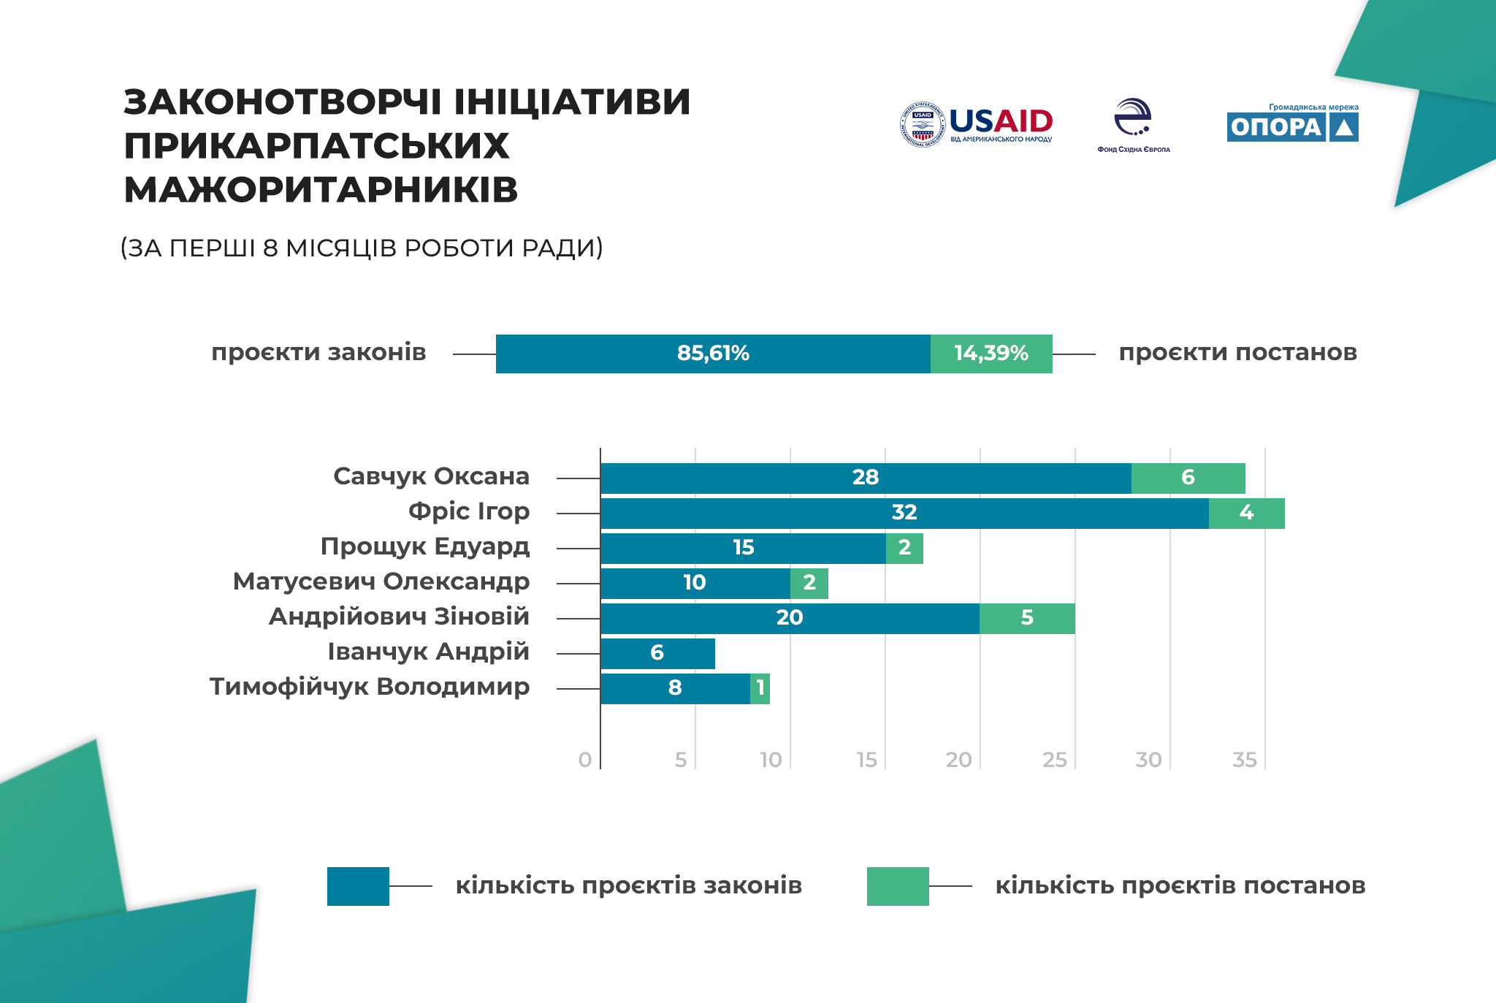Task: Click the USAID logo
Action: (x=977, y=124)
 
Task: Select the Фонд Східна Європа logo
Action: (x=1133, y=125)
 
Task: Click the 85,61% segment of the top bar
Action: (x=713, y=354)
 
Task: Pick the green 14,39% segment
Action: (x=991, y=354)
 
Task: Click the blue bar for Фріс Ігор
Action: (x=904, y=513)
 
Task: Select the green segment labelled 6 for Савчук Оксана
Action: (x=1188, y=478)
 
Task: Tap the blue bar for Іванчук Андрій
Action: (x=657, y=653)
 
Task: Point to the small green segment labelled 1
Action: (x=760, y=688)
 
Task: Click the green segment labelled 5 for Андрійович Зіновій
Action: (x=1027, y=618)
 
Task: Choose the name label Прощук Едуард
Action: (x=424, y=546)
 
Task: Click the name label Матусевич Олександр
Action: (x=381, y=581)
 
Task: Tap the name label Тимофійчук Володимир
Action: (x=369, y=687)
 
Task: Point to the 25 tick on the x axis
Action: (x=1054, y=760)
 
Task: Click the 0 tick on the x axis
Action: (x=584, y=760)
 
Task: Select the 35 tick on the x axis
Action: (x=1244, y=760)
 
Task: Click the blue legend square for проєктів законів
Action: (x=358, y=886)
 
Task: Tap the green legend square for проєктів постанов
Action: (x=898, y=886)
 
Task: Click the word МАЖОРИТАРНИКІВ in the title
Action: (x=321, y=190)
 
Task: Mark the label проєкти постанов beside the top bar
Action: (x=1237, y=353)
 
